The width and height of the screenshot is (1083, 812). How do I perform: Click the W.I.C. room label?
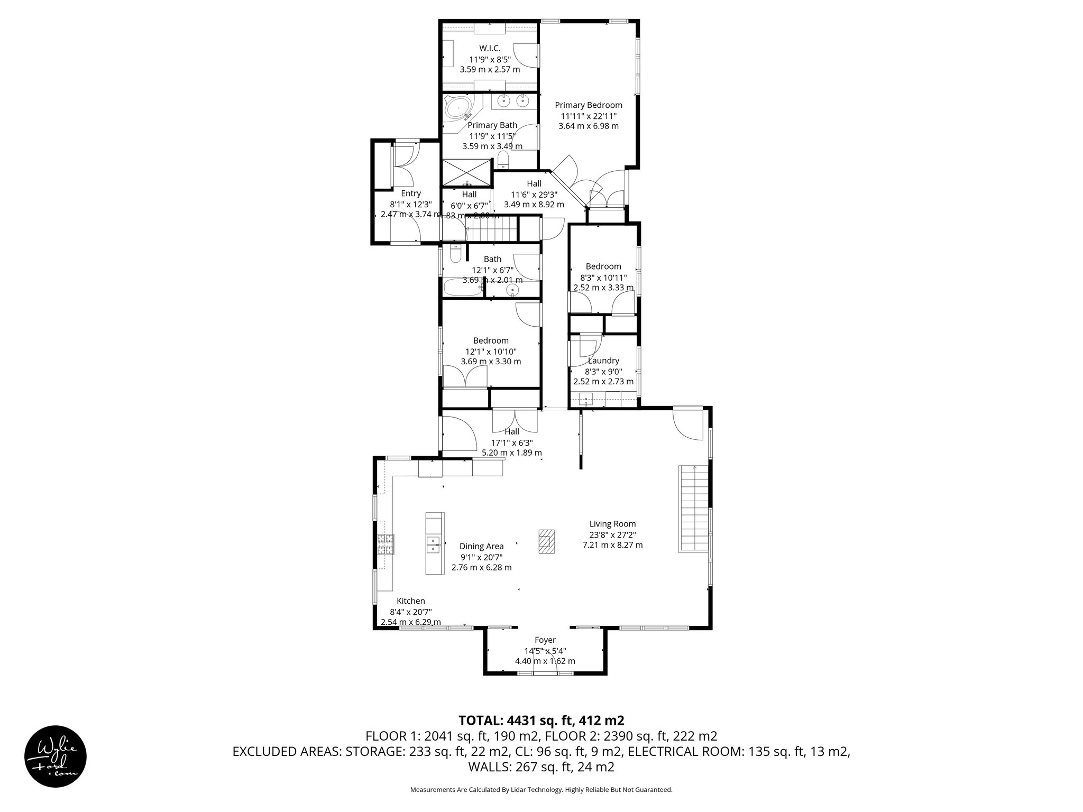490,49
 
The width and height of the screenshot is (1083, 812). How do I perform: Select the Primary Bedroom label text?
588,105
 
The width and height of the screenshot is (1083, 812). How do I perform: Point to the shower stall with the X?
467,172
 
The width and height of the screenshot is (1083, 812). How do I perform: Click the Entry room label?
410,193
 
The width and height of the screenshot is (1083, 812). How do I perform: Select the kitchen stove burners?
386,545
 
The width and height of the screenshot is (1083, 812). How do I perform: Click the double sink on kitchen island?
434,544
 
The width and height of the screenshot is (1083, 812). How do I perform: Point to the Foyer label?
545,640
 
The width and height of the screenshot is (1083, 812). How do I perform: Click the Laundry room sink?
586,399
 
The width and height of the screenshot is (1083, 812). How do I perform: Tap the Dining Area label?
481,546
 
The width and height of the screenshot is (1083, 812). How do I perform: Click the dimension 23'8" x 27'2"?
612,534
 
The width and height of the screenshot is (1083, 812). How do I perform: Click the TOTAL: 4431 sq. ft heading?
541,720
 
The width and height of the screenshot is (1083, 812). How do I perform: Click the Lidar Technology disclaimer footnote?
541,790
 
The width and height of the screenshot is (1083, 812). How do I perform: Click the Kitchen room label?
411,601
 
